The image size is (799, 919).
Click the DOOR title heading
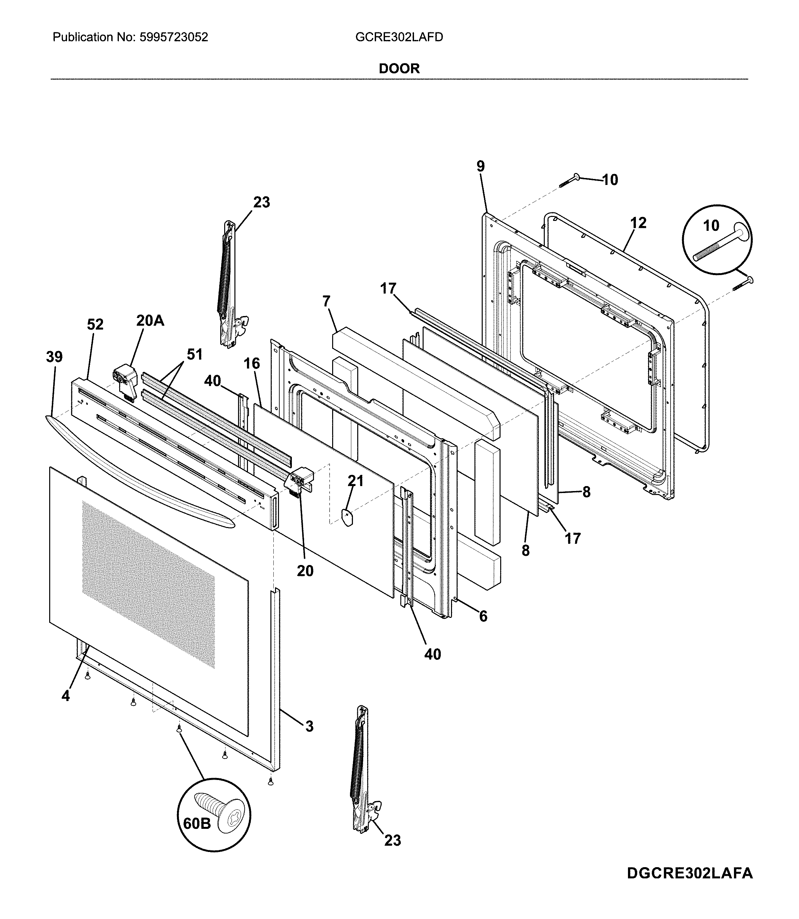(x=399, y=69)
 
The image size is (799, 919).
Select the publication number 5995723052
(x=174, y=37)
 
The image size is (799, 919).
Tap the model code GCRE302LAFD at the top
(x=399, y=37)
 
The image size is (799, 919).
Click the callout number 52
(x=95, y=324)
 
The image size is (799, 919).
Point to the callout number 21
(x=355, y=481)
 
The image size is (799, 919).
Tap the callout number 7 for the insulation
(x=327, y=301)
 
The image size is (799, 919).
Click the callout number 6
(x=483, y=616)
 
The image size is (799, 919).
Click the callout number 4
(x=66, y=695)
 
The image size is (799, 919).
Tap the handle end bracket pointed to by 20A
(x=124, y=376)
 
